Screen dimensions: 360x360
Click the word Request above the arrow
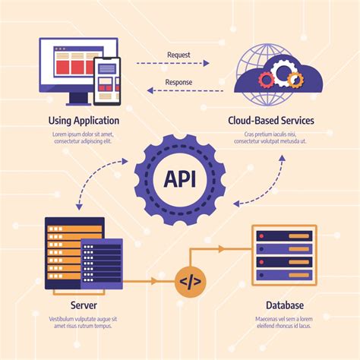(x=180, y=55)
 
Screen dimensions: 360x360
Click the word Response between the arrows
(x=180, y=83)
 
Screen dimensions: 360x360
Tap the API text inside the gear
(x=180, y=179)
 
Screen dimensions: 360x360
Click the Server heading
(x=84, y=305)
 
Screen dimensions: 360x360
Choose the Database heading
(x=283, y=305)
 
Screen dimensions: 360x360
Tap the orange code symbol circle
(x=190, y=281)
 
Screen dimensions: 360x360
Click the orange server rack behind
(x=65, y=251)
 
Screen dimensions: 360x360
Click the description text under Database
(x=283, y=322)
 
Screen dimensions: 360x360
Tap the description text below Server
(x=84, y=322)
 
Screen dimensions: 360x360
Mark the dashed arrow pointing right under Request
(x=180, y=66)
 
